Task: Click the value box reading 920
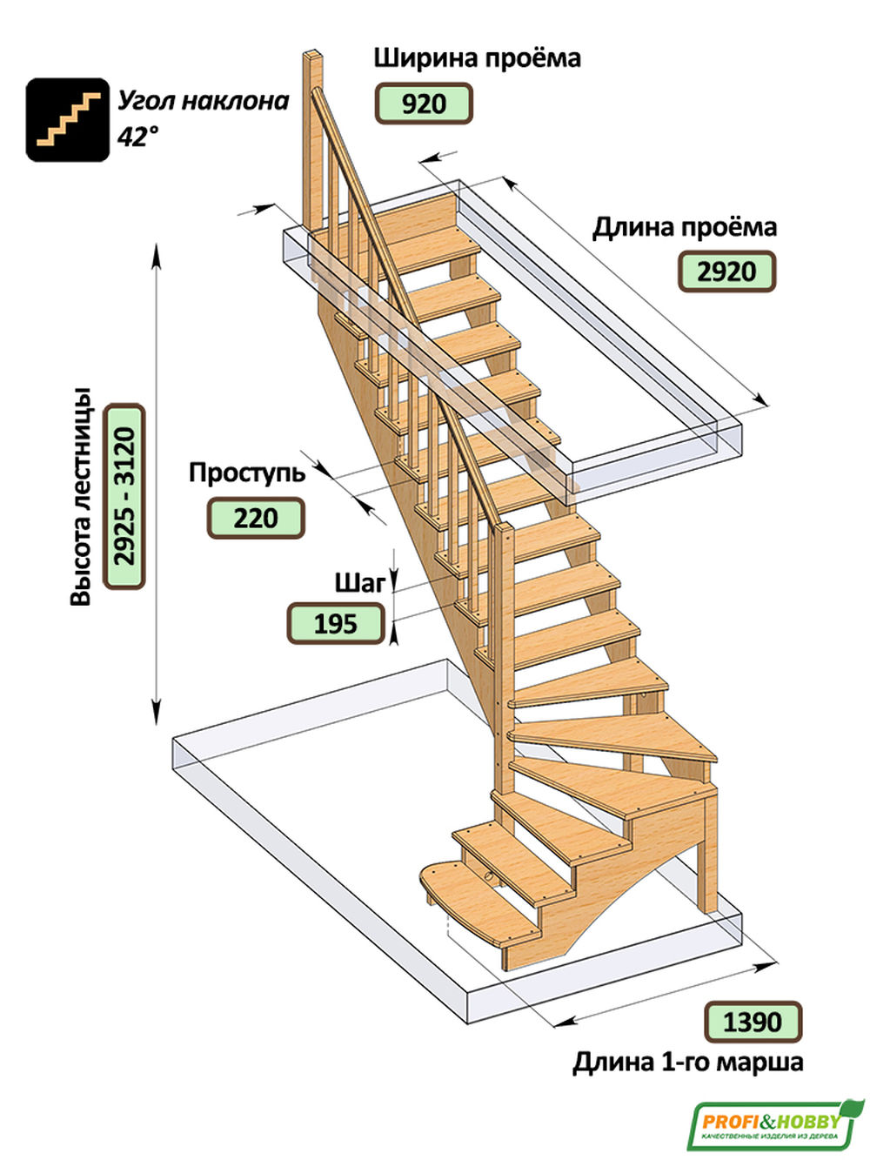pyautogui.click(x=424, y=103)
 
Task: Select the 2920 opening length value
pyautogui.click(x=726, y=272)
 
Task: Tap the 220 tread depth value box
pyautogui.click(x=256, y=518)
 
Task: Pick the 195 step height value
pyautogui.click(x=336, y=624)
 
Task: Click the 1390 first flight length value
pyautogui.click(x=753, y=1022)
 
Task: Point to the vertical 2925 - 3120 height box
pyautogui.click(x=124, y=496)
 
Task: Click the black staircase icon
pyautogui.click(x=68, y=119)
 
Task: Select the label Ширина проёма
pyautogui.click(x=477, y=57)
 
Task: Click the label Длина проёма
pyautogui.click(x=684, y=228)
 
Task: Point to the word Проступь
pyautogui.click(x=247, y=473)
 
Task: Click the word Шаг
pyautogui.click(x=359, y=583)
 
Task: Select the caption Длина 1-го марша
pyautogui.click(x=688, y=1063)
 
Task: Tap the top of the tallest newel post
pyautogui.click(x=312, y=55)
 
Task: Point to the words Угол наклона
pyautogui.click(x=203, y=101)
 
